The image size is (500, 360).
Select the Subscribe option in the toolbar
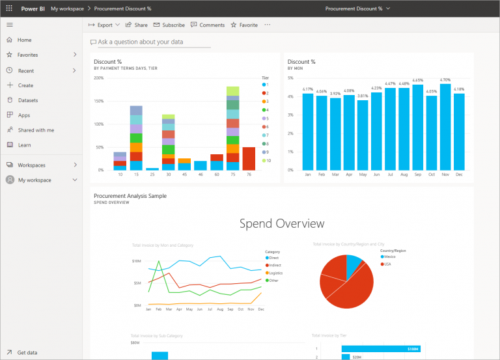pyautogui.click(x=169, y=25)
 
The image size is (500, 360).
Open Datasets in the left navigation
pyautogui.click(x=27, y=100)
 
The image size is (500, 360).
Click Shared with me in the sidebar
pyautogui.click(x=36, y=130)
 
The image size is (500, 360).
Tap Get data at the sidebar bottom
pyautogui.click(x=27, y=352)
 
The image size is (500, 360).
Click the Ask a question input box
pyautogui.click(x=154, y=42)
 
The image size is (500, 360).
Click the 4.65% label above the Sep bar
pyautogui.click(x=417, y=81)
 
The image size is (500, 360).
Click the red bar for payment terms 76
pyautogui.click(x=249, y=158)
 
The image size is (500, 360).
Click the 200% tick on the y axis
pyautogui.click(x=99, y=78)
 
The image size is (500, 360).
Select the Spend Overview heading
pyautogui.click(x=281, y=224)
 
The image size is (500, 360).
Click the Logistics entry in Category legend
pyautogui.click(x=273, y=273)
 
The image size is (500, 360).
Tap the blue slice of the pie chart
pyautogui.click(x=354, y=265)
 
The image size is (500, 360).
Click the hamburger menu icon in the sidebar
pyautogui.click(x=9, y=24)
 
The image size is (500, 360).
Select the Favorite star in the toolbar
pyautogui.click(x=244, y=25)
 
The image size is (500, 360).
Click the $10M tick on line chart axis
pyautogui.click(x=137, y=261)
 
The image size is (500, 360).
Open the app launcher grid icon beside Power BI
pyautogui.click(x=9, y=8)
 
